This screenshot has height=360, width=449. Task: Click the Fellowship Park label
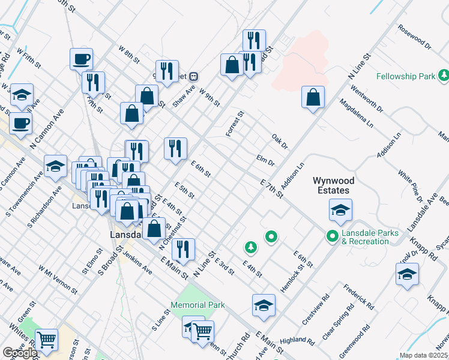tap(405, 77)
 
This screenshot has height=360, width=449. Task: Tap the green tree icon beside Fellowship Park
tap(444, 76)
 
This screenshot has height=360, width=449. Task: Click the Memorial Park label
tap(198, 305)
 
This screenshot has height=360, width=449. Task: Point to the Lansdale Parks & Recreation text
tap(365, 237)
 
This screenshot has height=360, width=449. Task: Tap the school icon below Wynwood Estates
tap(340, 210)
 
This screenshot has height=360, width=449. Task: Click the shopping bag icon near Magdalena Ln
tap(313, 98)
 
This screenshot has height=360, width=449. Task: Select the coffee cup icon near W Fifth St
tap(82, 59)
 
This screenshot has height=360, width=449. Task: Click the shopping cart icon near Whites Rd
tap(46, 340)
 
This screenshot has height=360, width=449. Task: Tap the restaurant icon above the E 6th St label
tap(175, 149)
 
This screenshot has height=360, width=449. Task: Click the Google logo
tap(20, 353)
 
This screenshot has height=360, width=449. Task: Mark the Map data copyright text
tap(423, 355)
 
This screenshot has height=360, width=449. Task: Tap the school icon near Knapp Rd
tap(407, 274)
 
